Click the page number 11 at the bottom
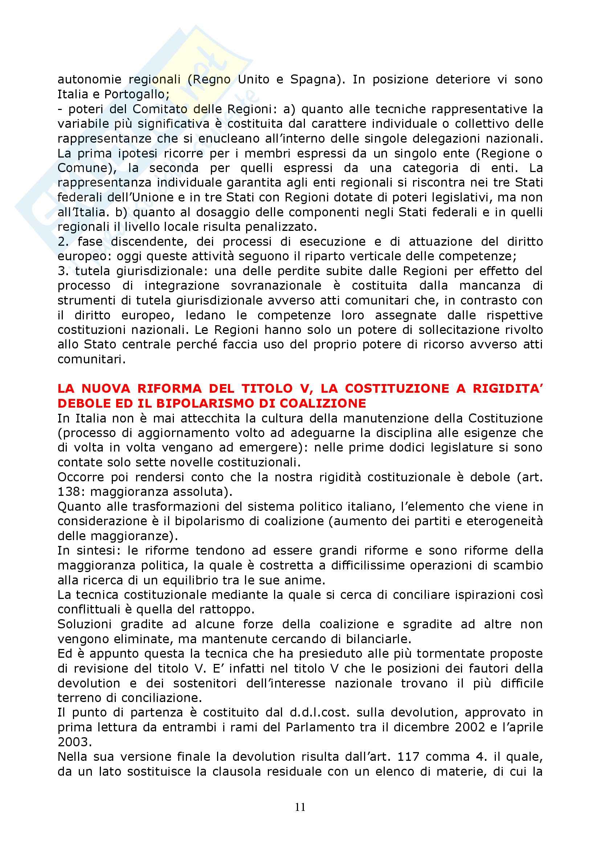(x=300, y=807)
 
